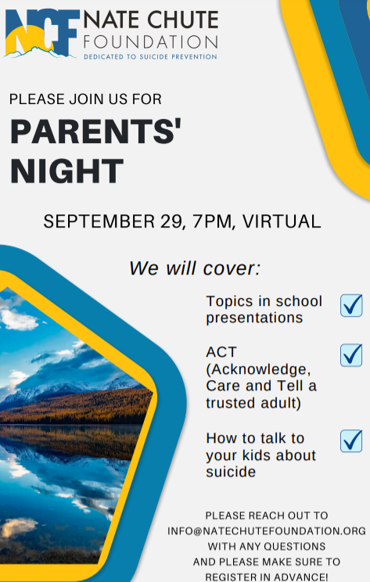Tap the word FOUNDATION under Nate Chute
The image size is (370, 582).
coord(151,42)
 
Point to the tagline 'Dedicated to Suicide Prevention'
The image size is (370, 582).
coord(150,57)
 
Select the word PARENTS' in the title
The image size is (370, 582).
coord(95,131)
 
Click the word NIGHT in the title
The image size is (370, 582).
coord(66,171)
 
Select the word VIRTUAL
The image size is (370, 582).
coord(282,221)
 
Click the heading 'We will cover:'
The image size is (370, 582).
coord(195,268)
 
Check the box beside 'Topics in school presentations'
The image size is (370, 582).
coord(351,305)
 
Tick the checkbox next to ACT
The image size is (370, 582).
coord(351,355)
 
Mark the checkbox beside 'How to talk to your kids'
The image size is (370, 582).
coord(351,440)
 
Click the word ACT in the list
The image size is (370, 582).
coord(221,352)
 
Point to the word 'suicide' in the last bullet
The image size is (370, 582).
coord(231,472)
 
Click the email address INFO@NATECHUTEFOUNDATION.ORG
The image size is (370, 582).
coord(267,531)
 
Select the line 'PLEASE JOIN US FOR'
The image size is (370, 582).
coord(85,99)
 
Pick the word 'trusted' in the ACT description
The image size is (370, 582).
coord(232,403)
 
